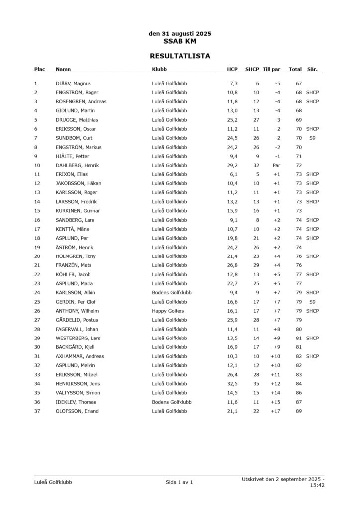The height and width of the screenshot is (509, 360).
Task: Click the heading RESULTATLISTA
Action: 180,56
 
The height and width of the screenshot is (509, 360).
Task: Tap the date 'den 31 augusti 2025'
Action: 180,34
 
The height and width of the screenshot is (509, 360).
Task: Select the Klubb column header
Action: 159,69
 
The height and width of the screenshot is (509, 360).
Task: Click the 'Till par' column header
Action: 271,69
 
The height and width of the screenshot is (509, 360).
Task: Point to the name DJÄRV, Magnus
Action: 73,84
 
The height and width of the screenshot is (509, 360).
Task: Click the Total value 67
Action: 299,84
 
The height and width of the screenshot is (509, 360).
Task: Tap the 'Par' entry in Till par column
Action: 277,165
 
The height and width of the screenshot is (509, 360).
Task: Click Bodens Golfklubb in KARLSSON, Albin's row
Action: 172,293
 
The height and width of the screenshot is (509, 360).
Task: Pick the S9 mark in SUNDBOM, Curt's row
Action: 312,138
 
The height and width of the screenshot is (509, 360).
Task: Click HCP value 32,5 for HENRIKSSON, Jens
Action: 232,384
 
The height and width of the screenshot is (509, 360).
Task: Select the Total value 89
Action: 299,411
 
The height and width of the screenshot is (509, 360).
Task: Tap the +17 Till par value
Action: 275,411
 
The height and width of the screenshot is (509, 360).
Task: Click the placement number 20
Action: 37,256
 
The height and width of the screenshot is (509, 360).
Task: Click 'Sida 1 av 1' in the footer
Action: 179,482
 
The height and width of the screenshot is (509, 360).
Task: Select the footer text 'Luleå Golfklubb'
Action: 53,482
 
